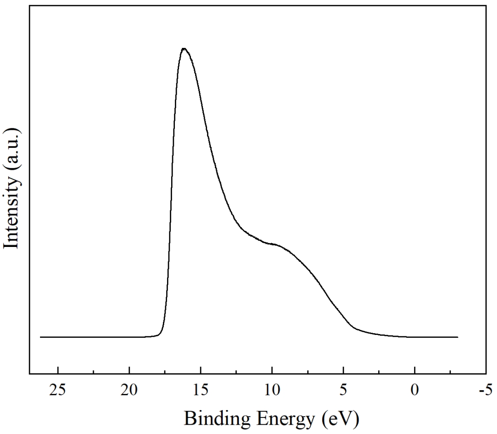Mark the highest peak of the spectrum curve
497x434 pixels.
pyautogui.click(x=184, y=48)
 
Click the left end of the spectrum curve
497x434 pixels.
pyautogui.click(x=40, y=337)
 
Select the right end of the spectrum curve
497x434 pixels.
pyautogui.click(x=458, y=337)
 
